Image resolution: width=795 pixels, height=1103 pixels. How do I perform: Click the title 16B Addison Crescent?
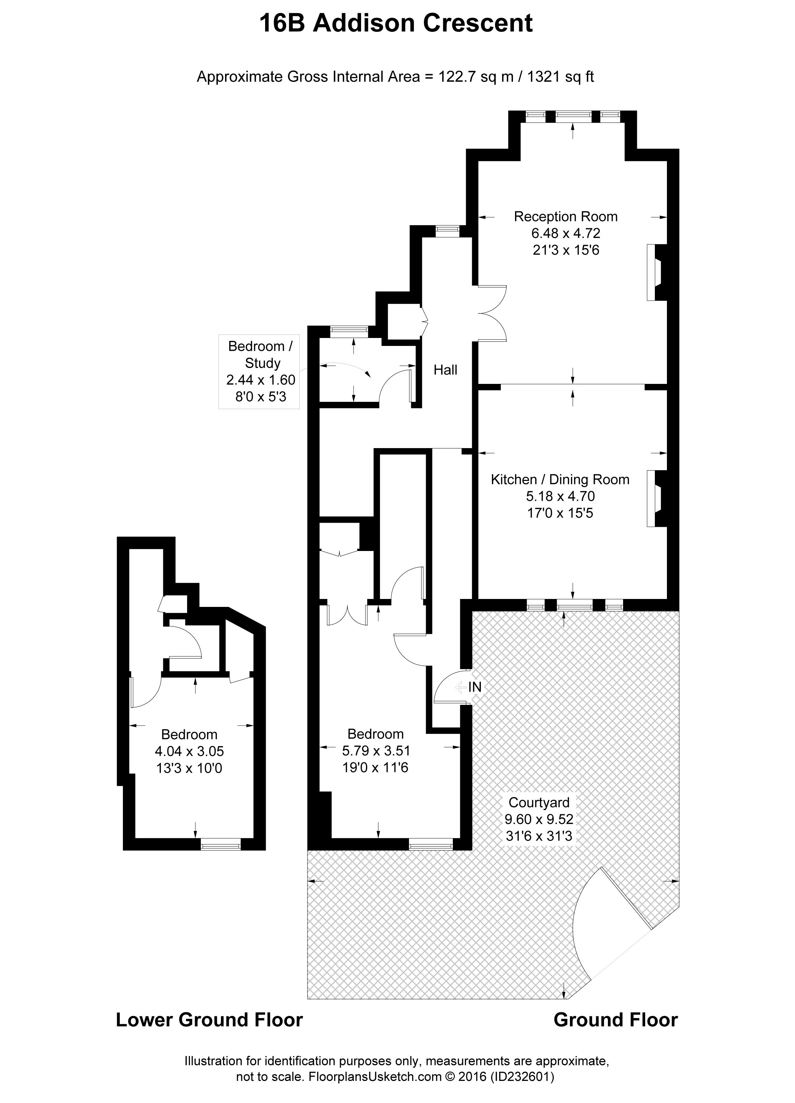[x=396, y=23]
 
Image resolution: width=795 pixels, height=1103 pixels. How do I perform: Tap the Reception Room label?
[x=565, y=216]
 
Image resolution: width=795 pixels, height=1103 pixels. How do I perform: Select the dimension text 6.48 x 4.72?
[x=565, y=233]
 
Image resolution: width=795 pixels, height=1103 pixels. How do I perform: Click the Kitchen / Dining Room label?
[x=560, y=480]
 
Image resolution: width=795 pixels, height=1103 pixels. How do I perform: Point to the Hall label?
[x=445, y=370]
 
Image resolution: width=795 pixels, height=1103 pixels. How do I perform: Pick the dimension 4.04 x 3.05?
[x=189, y=751]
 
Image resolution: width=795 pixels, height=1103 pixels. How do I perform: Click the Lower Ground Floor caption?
[x=209, y=1020]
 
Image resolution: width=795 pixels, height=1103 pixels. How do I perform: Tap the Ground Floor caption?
[x=615, y=1020]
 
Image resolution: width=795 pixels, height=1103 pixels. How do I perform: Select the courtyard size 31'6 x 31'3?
[x=539, y=836]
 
